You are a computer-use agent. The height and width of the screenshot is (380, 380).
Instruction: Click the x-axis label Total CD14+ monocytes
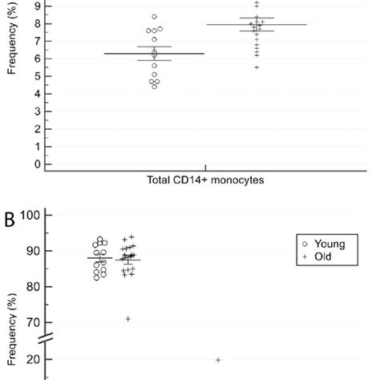click(206, 180)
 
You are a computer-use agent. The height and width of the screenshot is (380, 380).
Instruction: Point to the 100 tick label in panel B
click(31, 216)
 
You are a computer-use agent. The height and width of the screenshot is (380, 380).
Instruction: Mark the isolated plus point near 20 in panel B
click(218, 360)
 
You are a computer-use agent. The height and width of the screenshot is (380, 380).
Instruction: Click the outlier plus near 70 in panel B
click(127, 319)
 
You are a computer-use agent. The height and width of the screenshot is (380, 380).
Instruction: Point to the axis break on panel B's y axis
click(48, 341)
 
